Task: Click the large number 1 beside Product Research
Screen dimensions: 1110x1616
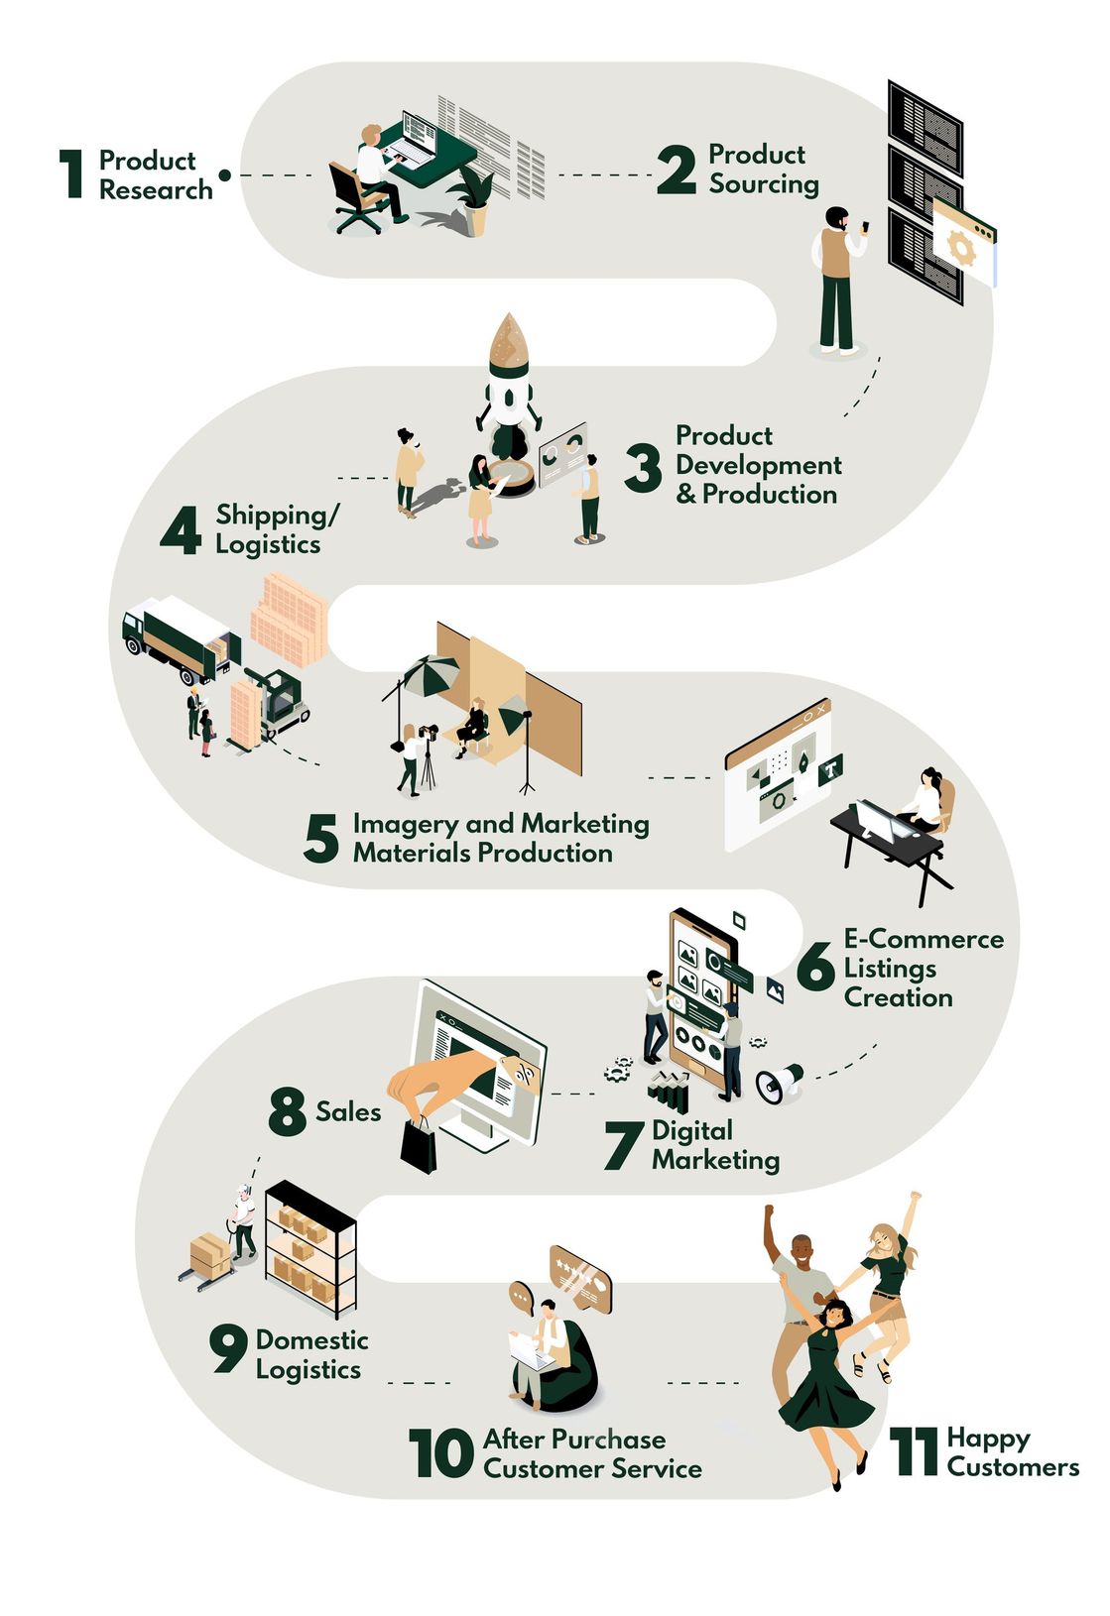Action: click(x=70, y=173)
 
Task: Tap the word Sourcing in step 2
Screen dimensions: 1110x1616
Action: click(x=764, y=184)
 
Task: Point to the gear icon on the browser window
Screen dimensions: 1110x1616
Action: click(x=960, y=249)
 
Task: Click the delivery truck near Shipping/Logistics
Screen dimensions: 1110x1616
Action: click(x=182, y=639)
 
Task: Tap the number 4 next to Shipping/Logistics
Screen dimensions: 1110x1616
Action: click(x=181, y=530)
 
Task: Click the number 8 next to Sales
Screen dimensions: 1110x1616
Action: click(x=288, y=1111)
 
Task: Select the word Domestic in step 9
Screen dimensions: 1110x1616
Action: click(x=311, y=1340)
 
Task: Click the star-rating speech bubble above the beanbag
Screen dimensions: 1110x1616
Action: click(x=579, y=1278)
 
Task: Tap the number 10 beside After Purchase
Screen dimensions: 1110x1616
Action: click(x=440, y=1452)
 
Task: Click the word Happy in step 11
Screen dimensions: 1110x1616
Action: click(x=988, y=1440)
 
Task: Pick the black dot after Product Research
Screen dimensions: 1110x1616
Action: click(x=224, y=175)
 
